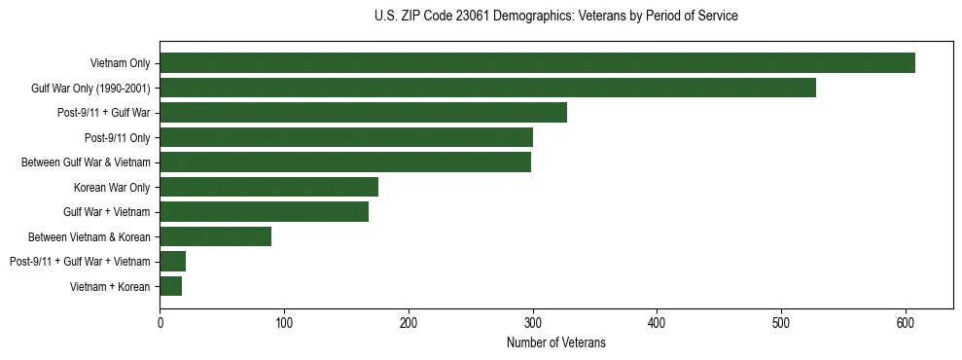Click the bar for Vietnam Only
(537, 63)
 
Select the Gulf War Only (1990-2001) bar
(487, 88)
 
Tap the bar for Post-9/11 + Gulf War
(363, 113)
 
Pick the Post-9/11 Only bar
(346, 137)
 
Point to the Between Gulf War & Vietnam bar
(345, 162)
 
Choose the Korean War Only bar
(268, 187)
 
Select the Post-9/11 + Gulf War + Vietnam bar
(173, 261)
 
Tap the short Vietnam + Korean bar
(171, 286)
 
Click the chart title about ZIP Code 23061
(555, 17)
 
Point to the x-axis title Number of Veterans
(555, 343)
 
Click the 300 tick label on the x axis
(533, 323)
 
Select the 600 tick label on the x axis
(906, 323)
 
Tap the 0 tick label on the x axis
(160, 323)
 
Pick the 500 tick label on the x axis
(781, 323)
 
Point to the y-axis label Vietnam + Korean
(110, 286)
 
